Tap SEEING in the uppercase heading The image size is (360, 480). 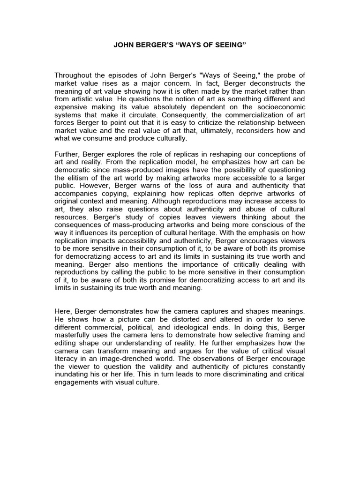coord(230,47)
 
